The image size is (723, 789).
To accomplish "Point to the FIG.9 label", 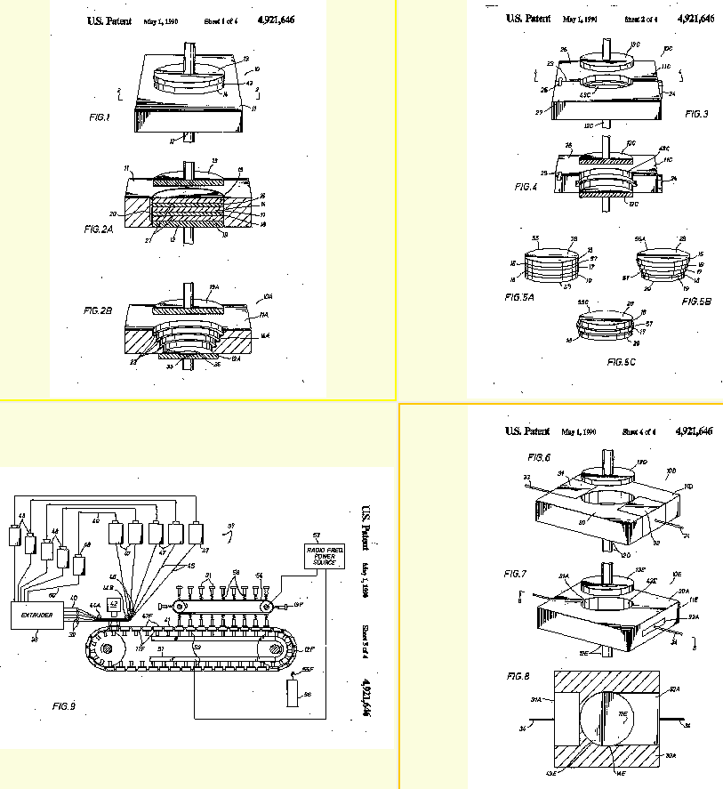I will click(64, 706).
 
